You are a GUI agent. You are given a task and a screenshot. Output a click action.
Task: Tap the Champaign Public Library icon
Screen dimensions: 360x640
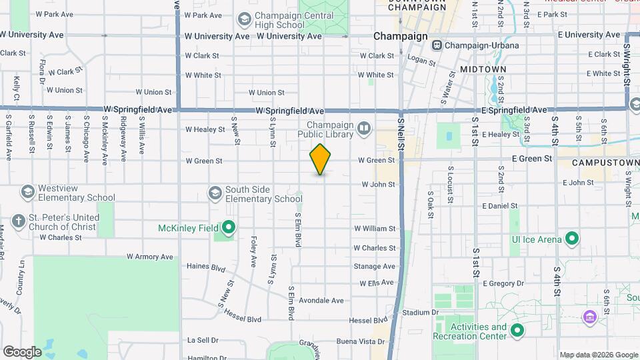tap(363, 127)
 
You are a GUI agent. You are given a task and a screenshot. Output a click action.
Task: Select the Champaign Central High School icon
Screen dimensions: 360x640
tap(244, 19)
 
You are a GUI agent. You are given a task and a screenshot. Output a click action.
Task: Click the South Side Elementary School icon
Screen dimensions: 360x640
tap(215, 193)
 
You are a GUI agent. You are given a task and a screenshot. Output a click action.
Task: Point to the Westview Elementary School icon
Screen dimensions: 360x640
tap(27, 193)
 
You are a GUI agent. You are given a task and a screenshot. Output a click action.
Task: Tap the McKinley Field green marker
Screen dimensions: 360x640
tap(228, 228)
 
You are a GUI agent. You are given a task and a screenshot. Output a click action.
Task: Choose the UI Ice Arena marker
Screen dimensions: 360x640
tap(571, 238)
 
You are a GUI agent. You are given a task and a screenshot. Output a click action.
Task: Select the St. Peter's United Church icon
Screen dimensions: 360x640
tap(19, 221)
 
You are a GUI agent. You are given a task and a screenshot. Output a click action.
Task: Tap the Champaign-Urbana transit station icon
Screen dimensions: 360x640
tap(437, 45)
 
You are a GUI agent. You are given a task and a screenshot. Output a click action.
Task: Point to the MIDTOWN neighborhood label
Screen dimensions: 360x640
tap(483, 69)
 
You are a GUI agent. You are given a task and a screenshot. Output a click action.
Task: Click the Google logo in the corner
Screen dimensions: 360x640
tap(22, 351)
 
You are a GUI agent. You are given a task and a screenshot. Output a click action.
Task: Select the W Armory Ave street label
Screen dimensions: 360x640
tap(149, 257)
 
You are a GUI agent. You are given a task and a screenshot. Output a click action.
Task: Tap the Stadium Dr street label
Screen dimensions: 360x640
tap(420, 312)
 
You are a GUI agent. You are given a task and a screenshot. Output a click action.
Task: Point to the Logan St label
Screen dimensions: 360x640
tap(421, 61)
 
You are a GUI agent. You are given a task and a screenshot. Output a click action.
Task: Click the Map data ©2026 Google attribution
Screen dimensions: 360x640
tap(598, 355)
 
